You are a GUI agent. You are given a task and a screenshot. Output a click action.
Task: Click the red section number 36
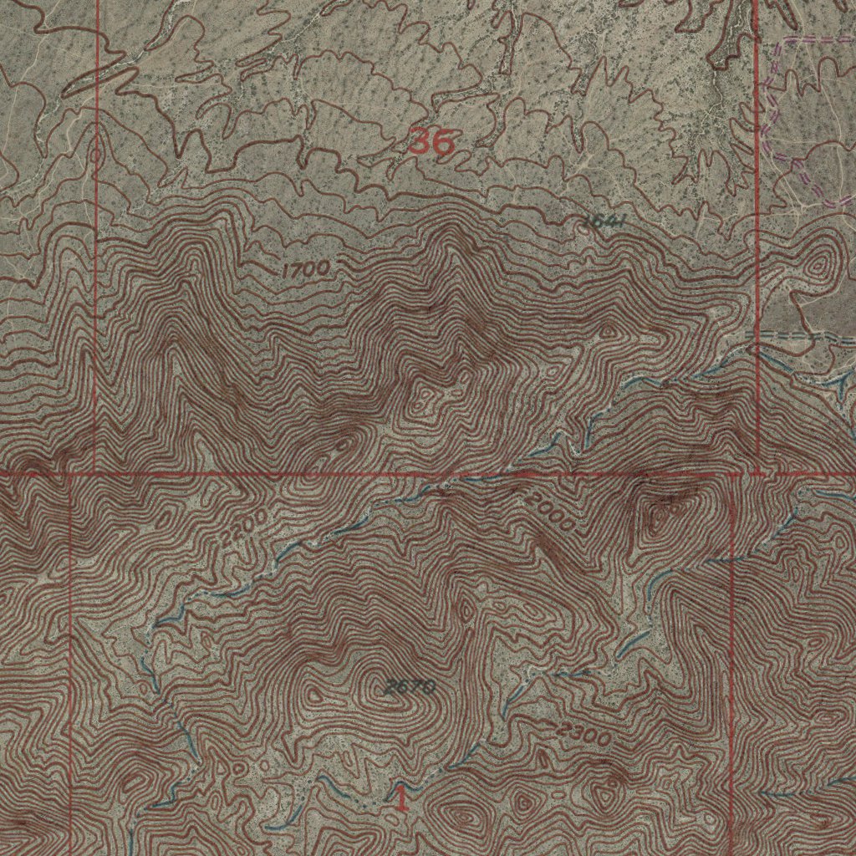tap(431, 142)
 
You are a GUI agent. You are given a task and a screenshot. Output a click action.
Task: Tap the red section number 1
tap(402, 797)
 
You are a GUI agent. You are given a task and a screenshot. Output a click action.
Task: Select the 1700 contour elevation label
tap(305, 269)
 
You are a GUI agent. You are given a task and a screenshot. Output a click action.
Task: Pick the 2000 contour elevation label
tap(550, 511)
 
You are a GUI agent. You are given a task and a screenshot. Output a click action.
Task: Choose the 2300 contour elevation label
tap(585, 735)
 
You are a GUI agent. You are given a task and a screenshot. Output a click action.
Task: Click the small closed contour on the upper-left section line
tap(96, 154)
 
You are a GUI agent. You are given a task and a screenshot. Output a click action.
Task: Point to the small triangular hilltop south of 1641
tap(609, 330)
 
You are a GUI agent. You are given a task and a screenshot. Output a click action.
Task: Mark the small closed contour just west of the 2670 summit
tap(314, 693)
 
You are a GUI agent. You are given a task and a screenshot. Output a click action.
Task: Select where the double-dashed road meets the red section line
tap(757, 334)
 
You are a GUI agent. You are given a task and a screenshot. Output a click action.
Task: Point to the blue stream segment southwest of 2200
tap(167, 619)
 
